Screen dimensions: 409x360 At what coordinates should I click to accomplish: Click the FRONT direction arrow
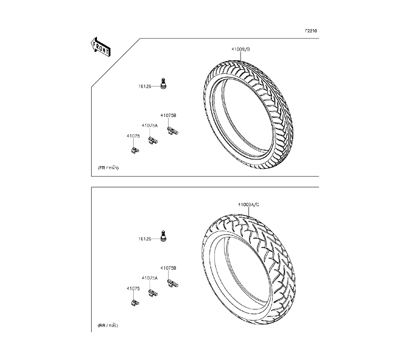(101, 47)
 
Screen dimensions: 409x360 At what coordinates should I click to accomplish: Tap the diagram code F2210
(311, 31)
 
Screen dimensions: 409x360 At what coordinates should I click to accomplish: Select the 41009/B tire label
(240, 49)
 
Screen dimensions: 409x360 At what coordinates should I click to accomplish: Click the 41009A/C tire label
(248, 205)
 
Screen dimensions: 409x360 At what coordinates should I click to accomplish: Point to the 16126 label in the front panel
(145, 86)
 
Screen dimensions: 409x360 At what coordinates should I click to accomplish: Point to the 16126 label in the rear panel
(145, 239)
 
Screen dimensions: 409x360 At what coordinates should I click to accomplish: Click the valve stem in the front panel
(164, 83)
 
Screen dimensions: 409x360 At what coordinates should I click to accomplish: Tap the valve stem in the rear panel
(164, 236)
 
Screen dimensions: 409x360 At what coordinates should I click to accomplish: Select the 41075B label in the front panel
(168, 115)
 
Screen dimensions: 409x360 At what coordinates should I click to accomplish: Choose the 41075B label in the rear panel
(168, 268)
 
